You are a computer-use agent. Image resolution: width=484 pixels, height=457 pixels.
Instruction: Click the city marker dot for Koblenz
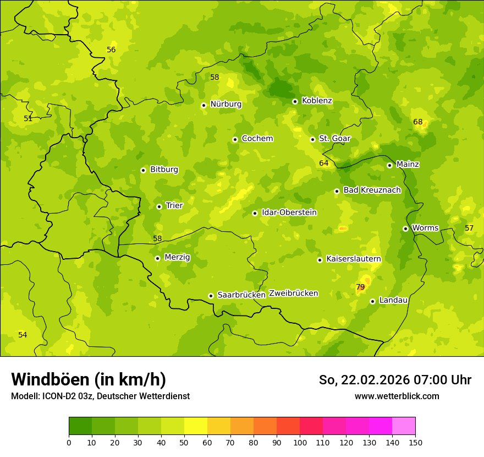click(x=295, y=101)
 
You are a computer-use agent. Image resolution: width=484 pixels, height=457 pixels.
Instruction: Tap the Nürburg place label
click(x=226, y=104)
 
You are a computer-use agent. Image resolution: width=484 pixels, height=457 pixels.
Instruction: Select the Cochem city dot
click(x=235, y=139)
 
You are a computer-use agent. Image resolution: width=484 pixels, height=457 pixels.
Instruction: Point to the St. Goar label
click(x=334, y=138)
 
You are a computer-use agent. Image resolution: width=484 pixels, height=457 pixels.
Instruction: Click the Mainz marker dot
click(x=389, y=165)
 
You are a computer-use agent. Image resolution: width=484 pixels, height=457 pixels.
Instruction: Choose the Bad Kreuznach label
click(x=372, y=190)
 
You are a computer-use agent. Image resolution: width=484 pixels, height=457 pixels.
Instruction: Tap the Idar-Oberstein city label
click(x=289, y=212)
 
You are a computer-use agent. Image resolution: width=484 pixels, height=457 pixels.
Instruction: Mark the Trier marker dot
click(x=159, y=206)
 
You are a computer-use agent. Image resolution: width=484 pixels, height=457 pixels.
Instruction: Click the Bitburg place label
click(x=164, y=169)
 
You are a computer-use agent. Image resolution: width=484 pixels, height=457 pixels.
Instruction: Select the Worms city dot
click(x=405, y=228)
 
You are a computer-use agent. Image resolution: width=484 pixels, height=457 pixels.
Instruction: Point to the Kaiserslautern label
click(x=354, y=259)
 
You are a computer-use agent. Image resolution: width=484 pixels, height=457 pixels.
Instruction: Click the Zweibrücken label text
click(x=293, y=293)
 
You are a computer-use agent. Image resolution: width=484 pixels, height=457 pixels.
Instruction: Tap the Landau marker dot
click(x=372, y=301)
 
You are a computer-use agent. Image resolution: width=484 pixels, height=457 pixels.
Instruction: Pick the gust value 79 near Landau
click(x=360, y=287)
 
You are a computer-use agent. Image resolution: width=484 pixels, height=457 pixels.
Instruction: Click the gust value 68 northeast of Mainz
click(x=418, y=122)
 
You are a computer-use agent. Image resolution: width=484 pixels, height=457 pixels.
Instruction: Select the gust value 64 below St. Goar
click(x=323, y=163)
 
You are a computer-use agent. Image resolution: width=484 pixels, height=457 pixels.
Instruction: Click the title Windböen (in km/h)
click(x=89, y=379)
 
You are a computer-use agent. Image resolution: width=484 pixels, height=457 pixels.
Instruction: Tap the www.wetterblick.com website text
click(x=397, y=396)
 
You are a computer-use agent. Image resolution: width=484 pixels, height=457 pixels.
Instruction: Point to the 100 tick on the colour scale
click(x=300, y=442)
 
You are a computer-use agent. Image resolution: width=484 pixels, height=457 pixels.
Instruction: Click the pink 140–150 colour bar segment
click(x=404, y=426)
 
